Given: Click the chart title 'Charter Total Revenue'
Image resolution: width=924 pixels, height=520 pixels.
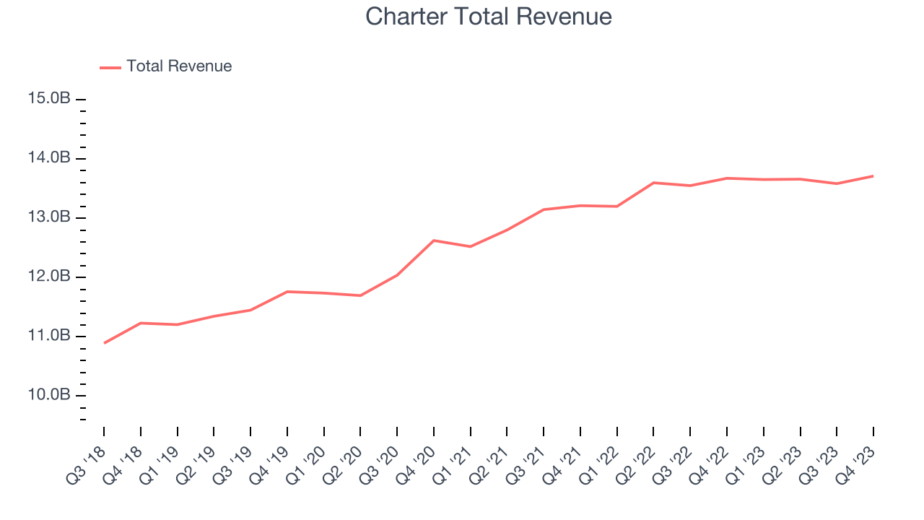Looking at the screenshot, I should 489,17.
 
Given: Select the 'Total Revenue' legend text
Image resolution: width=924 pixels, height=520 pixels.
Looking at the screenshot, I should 179,66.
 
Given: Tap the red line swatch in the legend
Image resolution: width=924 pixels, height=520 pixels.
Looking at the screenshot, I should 110,67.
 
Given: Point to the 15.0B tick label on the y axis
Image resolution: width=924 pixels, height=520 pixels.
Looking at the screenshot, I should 49,99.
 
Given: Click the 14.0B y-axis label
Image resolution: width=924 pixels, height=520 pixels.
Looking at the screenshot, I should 49,158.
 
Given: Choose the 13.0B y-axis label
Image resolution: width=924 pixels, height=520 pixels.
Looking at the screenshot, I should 49,217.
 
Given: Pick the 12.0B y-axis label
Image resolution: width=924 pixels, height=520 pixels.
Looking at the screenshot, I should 49,277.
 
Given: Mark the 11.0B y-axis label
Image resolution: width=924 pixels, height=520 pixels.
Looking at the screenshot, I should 49,336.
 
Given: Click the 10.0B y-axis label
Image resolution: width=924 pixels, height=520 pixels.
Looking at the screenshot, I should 49,395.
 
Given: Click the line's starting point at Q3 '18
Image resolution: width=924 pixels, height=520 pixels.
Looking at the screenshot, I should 104,343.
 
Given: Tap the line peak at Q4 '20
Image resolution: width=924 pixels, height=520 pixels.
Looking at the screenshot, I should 434,240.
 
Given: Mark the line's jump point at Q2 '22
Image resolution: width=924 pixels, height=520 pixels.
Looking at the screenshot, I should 653,183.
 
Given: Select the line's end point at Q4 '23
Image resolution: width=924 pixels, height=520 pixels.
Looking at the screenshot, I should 873,175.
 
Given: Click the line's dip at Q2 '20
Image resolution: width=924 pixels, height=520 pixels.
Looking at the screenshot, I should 360,295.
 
